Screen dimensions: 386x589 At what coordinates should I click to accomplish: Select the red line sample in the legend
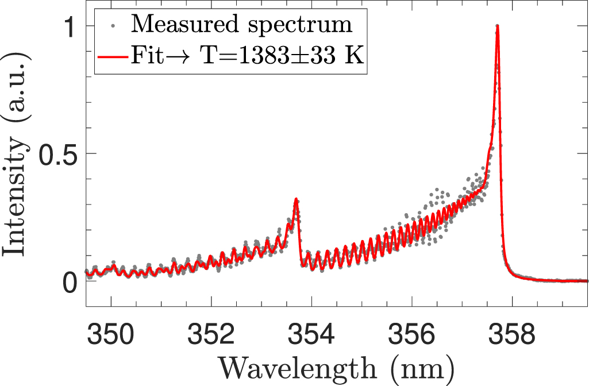[x=114, y=57]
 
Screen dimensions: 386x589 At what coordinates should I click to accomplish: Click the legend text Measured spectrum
[x=241, y=25]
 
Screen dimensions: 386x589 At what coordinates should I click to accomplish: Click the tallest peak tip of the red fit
[x=497, y=26]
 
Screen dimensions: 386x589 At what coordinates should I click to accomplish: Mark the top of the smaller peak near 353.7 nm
[x=296, y=199]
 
